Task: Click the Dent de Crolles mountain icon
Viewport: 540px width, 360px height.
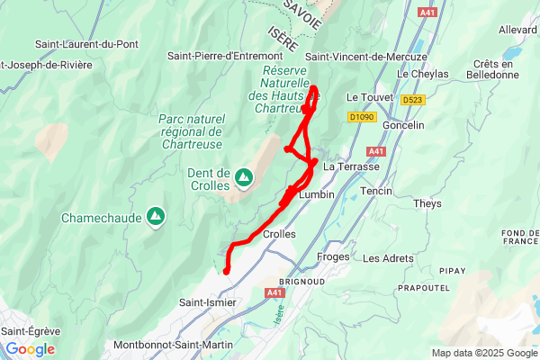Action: click(x=243, y=180)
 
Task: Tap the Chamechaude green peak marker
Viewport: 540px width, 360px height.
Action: click(x=156, y=216)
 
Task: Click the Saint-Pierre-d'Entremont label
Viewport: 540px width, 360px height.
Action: click(x=225, y=56)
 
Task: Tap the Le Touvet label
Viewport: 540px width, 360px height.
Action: click(x=365, y=97)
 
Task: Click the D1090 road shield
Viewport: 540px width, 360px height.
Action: click(x=361, y=116)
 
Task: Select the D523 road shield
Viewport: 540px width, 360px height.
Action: click(x=413, y=100)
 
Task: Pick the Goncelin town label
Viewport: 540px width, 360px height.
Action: click(x=403, y=125)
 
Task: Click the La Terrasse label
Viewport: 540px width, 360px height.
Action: click(x=352, y=166)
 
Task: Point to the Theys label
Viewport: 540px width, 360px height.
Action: click(x=427, y=203)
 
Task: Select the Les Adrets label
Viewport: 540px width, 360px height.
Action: click(x=388, y=258)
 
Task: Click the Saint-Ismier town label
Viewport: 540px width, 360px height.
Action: click(x=209, y=302)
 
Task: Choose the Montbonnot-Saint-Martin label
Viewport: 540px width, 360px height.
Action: click(x=173, y=345)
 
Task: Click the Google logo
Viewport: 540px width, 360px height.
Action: click(x=30, y=349)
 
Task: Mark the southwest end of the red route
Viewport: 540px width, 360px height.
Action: click(x=226, y=270)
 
